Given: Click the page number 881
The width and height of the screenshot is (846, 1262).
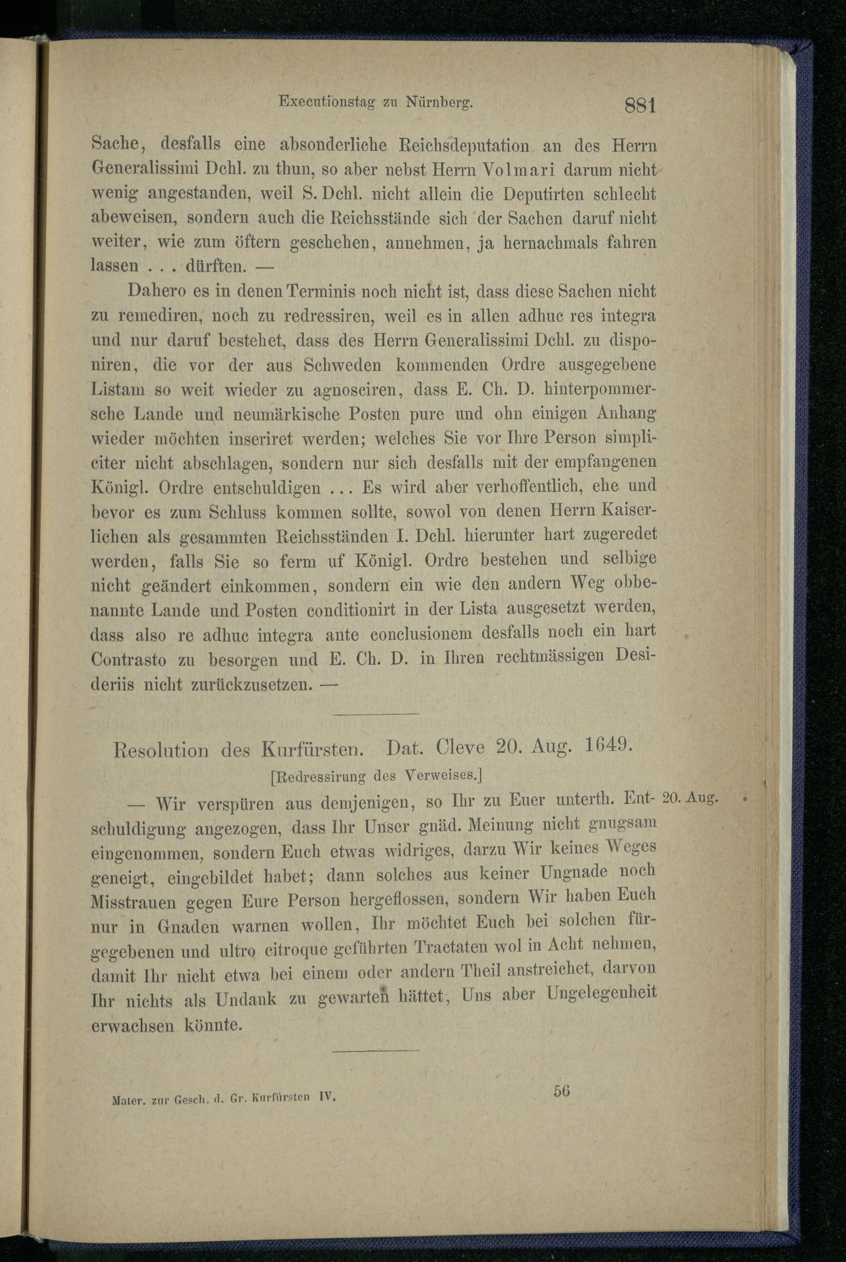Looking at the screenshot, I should (640, 104).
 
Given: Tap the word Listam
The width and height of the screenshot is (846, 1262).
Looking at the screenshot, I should (118, 390).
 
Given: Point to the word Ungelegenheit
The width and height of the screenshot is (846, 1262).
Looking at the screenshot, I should (602, 992).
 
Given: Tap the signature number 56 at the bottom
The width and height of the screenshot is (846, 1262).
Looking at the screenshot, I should (561, 1090).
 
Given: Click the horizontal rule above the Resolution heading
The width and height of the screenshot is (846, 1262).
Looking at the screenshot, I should (376, 715).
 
